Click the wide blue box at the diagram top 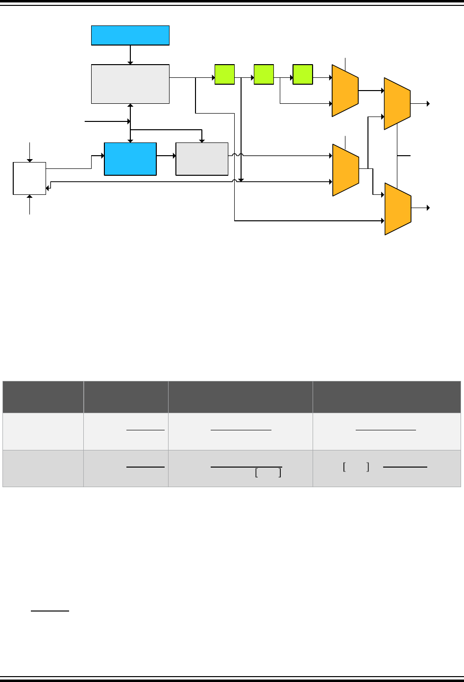tap(130, 35)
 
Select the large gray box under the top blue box tap(130, 84)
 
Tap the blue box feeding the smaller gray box tap(130, 159)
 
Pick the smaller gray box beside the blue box tap(202, 159)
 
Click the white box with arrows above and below tap(29, 178)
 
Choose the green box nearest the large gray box tap(224, 74)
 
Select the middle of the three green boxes tap(264, 74)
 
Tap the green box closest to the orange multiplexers tap(302, 74)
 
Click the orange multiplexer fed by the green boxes tap(345, 91)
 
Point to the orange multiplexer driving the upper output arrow tap(397, 103)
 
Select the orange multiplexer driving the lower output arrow tap(397, 209)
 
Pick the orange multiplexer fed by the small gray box tap(345, 170)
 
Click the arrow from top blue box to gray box tap(130, 55)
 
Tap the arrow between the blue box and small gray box tap(166, 156)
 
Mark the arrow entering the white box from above tap(30, 152)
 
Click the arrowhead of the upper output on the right tap(428, 103)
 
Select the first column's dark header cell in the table tap(43, 397)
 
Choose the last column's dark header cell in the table tap(387, 397)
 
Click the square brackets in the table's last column tap(356, 467)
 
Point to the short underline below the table tap(49, 611)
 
